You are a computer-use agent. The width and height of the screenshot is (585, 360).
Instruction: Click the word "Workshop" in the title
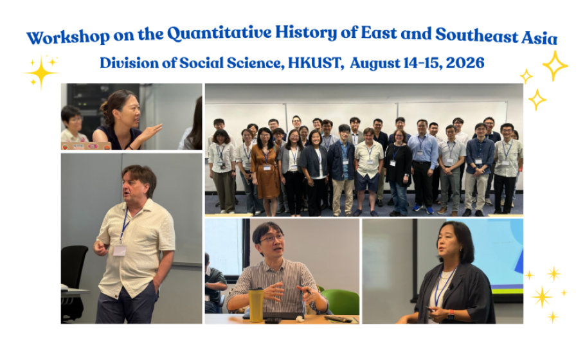tap(68, 37)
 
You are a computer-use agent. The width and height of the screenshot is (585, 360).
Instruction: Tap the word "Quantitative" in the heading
tap(219, 33)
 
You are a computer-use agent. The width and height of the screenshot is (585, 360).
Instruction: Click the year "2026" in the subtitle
tap(465, 62)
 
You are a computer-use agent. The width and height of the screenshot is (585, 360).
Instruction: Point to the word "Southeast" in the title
tap(477, 35)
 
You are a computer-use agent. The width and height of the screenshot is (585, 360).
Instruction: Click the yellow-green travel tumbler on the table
tap(256, 305)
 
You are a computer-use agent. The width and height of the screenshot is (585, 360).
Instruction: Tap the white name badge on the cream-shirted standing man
tap(120, 250)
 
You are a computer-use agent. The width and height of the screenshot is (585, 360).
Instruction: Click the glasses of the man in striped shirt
tap(271, 239)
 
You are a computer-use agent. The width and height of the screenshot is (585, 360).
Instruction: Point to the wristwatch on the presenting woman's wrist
tap(451, 314)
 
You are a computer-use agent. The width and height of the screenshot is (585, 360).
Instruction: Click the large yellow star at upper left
tap(41, 73)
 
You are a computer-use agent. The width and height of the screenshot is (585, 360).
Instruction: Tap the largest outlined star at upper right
tap(555, 66)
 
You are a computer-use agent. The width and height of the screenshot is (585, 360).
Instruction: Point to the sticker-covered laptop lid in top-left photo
tap(86, 146)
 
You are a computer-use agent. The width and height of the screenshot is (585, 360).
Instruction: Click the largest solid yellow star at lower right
tap(543, 297)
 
